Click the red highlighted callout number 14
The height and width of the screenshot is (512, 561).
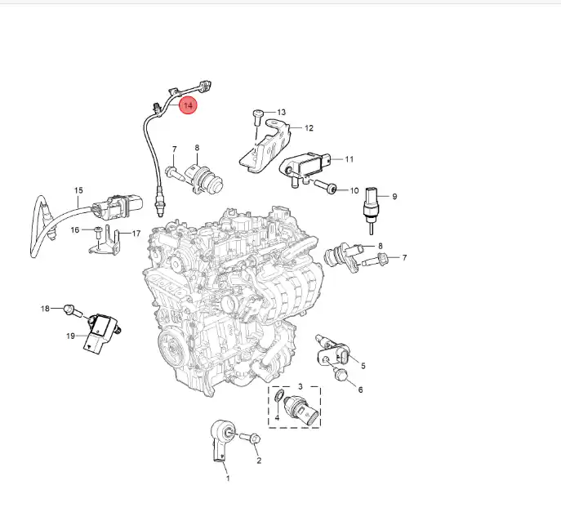tap(188, 105)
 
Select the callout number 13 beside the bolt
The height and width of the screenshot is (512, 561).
tap(282, 113)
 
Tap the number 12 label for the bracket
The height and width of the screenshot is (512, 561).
tap(309, 128)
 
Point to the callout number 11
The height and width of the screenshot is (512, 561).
tap(350, 159)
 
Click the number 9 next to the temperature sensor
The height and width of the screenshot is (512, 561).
tap(394, 197)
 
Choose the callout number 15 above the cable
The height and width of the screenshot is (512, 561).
tap(78, 190)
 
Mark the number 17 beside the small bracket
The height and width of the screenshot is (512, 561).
tap(136, 234)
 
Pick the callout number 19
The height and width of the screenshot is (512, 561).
tap(70, 336)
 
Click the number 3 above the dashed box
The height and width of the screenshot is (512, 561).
tap(301, 387)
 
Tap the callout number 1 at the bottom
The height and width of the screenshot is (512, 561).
tap(228, 479)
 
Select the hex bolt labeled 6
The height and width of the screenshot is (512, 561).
tap(341, 375)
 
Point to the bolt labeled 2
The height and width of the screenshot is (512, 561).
tap(251, 438)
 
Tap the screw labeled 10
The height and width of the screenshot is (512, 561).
tap(326, 187)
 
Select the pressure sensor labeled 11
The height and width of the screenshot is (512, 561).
tap(304, 167)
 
